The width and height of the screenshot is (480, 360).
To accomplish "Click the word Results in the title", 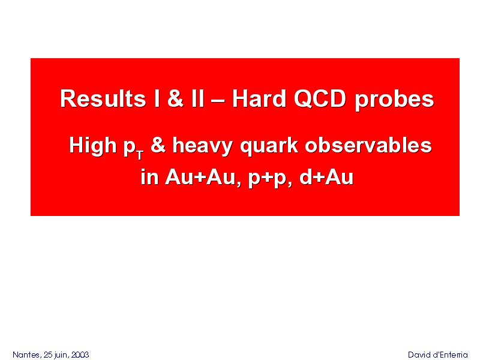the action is click(103, 98).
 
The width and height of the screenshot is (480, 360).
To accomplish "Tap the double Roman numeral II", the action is click(197, 98).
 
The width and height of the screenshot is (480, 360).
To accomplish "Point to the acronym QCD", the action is click(320, 98).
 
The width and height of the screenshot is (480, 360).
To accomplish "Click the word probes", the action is click(394, 100).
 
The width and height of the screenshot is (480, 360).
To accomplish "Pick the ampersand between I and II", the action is click(175, 98).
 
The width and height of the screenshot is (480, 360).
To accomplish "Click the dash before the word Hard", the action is click(218, 100).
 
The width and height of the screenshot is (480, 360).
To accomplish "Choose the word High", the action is click(93, 146).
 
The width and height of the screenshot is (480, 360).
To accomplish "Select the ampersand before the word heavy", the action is click(158, 145).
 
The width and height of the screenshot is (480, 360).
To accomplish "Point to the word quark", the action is click(269, 146).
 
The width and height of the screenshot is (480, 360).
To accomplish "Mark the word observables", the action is click(368, 145).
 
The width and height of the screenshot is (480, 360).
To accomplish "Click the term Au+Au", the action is click(200, 177).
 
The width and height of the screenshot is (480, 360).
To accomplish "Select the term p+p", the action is click(267, 178).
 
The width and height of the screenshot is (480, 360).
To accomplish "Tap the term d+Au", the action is click(326, 177).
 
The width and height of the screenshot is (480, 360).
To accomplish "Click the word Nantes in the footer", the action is click(26, 355).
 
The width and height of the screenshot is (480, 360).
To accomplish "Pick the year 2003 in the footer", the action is click(80, 355).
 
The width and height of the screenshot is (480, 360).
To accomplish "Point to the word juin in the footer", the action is click(62, 355).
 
